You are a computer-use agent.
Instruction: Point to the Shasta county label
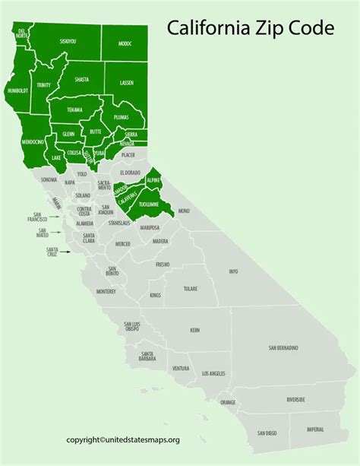[x=81, y=79]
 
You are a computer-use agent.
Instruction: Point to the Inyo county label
[x=233, y=271]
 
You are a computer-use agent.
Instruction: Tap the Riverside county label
[x=295, y=399]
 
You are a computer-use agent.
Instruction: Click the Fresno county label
[x=163, y=265]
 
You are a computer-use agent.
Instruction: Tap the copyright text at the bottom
[x=134, y=439]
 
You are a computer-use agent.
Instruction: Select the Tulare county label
[x=191, y=289]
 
